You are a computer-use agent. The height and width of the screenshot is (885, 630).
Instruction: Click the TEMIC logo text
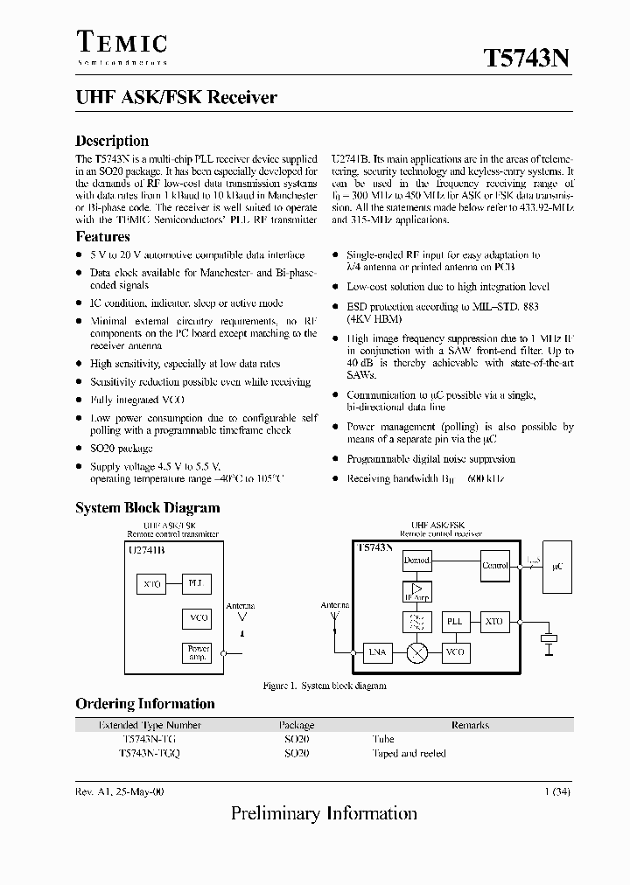click(122, 41)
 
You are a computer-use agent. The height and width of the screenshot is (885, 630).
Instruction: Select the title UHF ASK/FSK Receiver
click(176, 98)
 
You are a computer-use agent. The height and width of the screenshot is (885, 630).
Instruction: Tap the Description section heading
click(112, 141)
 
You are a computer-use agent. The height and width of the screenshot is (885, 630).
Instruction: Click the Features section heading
click(102, 237)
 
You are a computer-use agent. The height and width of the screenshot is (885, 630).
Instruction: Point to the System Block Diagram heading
click(147, 508)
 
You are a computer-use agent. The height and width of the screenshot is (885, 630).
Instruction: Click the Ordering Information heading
click(144, 704)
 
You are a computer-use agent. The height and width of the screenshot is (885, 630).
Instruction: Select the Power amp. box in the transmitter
click(199, 652)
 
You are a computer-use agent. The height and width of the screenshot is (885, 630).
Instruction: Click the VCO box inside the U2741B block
click(199, 618)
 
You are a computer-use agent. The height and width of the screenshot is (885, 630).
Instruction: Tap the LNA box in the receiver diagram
click(377, 652)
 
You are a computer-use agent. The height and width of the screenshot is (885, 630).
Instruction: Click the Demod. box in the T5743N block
click(416, 560)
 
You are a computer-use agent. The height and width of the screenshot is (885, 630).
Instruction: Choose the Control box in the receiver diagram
click(495, 565)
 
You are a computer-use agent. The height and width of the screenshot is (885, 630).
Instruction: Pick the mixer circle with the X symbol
click(416, 652)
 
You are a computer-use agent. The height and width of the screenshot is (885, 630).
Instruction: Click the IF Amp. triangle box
click(416, 591)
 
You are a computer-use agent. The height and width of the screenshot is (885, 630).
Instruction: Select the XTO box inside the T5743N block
click(494, 621)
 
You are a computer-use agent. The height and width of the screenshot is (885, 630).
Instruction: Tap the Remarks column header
click(470, 725)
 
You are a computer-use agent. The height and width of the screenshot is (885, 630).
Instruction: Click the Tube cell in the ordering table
click(382, 739)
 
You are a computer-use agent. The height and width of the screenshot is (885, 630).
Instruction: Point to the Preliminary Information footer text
click(324, 814)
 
